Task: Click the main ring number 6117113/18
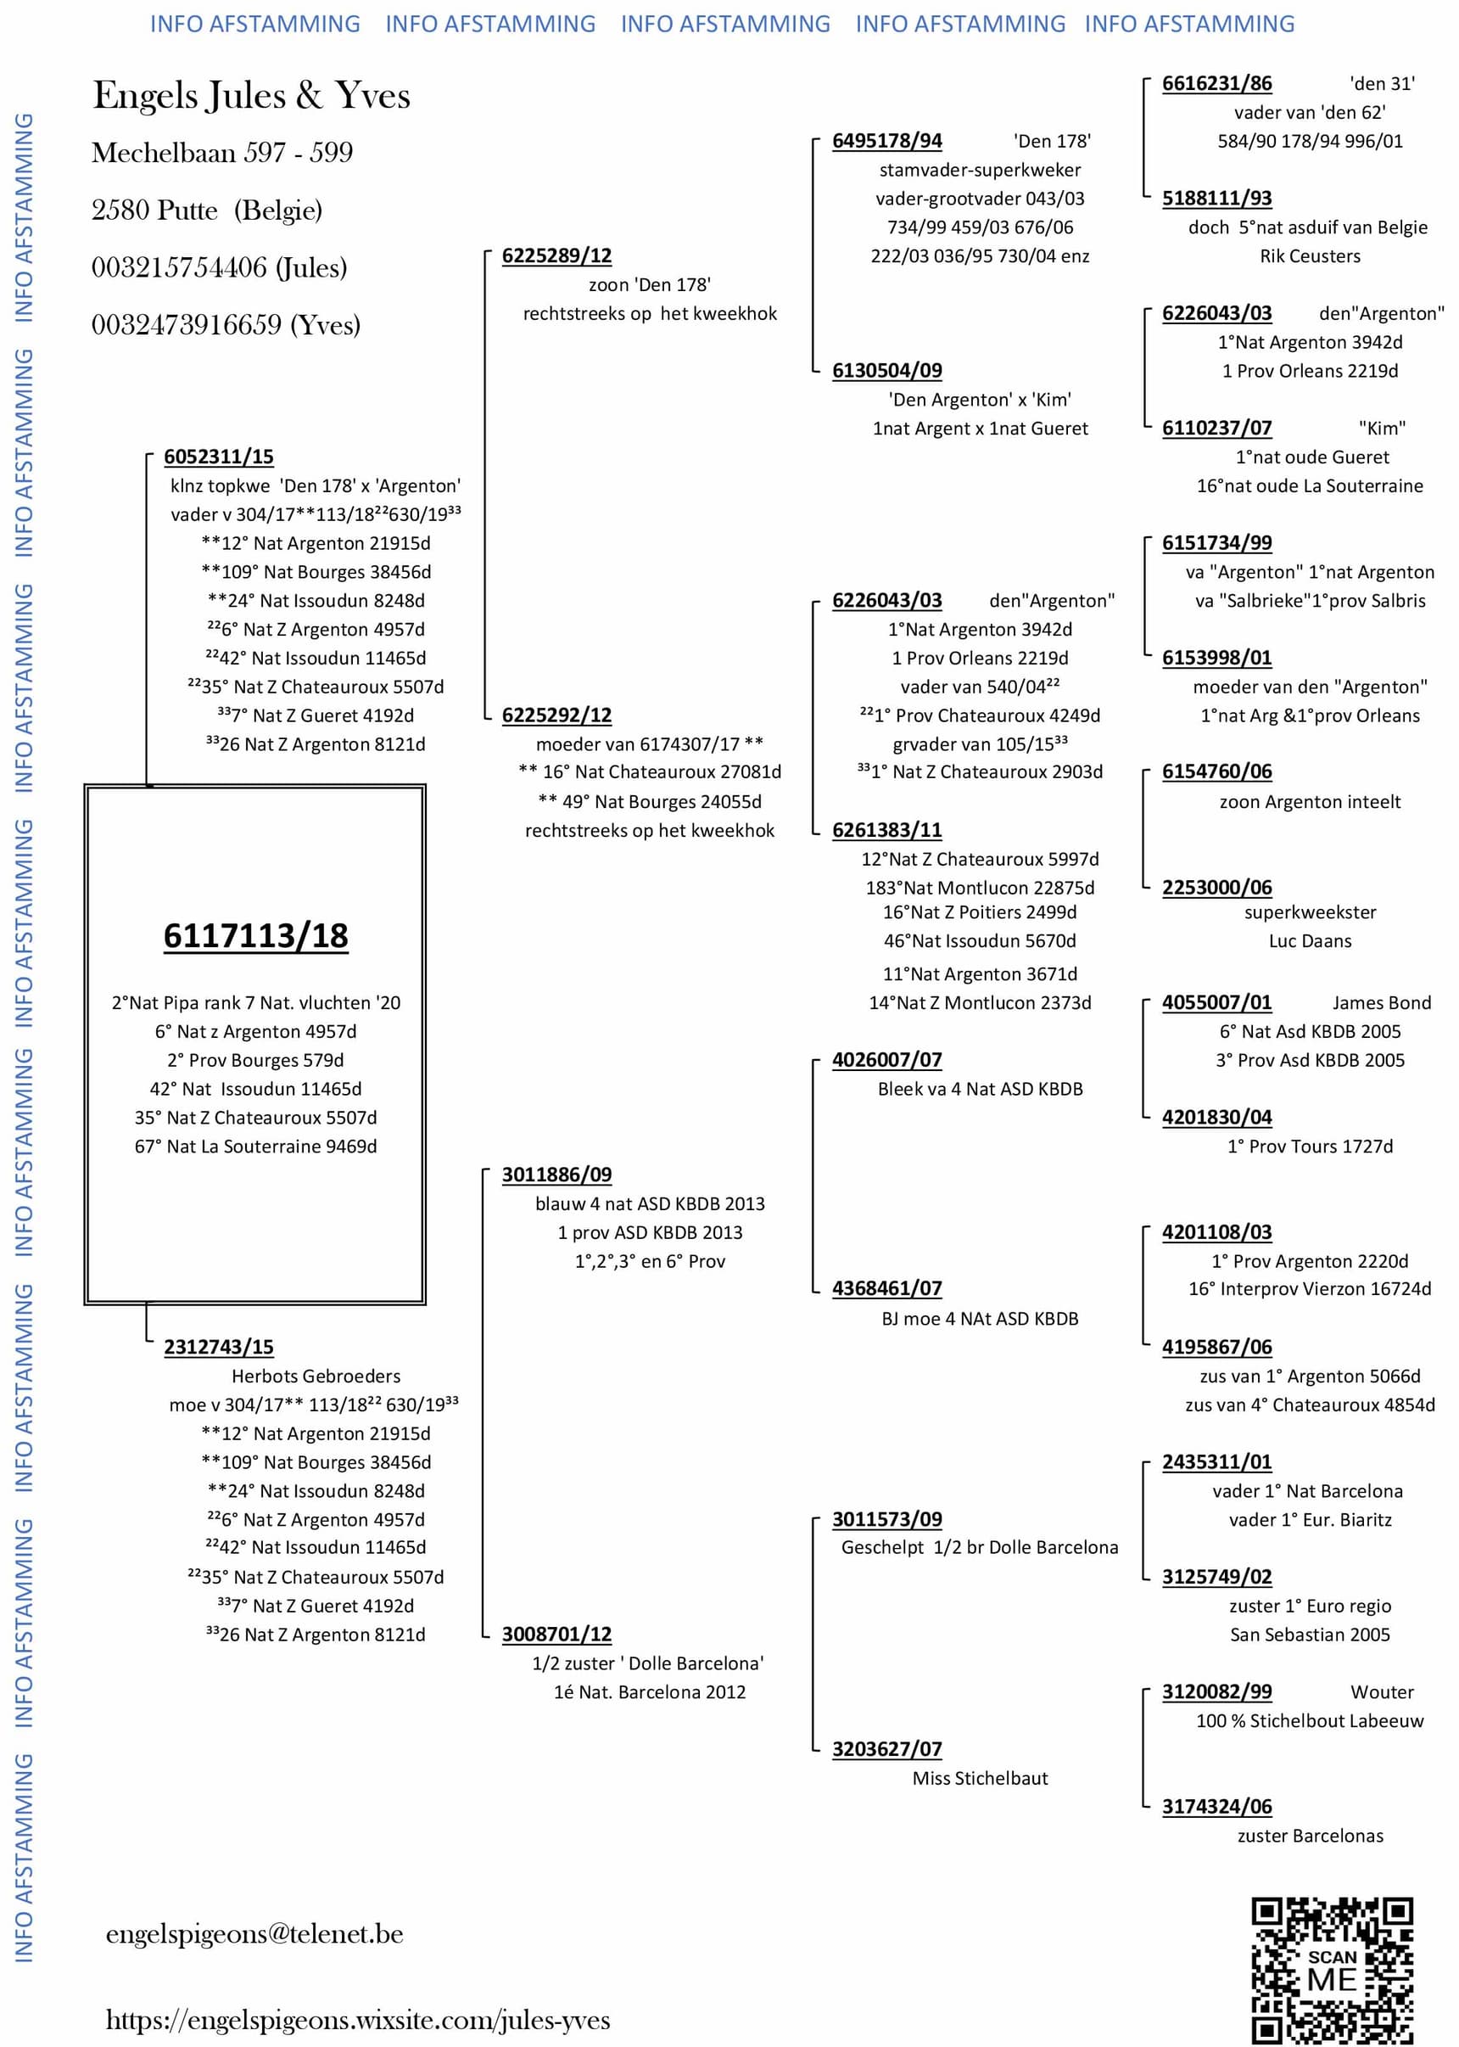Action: (x=255, y=935)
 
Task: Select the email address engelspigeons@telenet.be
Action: (x=254, y=1934)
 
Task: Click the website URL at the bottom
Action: (x=358, y=2020)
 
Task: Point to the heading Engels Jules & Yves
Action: (x=252, y=95)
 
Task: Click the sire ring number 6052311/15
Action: (x=218, y=457)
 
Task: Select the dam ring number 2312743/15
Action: (x=218, y=1347)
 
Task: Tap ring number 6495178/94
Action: (x=886, y=141)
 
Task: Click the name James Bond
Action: (x=1381, y=1003)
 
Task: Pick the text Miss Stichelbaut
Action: (x=980, y=1778)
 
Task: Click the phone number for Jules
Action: (x=219, y=268)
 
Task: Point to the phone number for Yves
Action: (x=226, y=324)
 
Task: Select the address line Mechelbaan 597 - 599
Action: (x=222, y=153)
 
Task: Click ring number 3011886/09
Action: (x=557, y=1175)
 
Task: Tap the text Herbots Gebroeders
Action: (x=316, y=1376)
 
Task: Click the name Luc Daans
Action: (x=1310, y=941)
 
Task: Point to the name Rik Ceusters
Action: (x=1310, y=256)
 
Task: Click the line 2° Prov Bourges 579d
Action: (x=255, y=1060)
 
